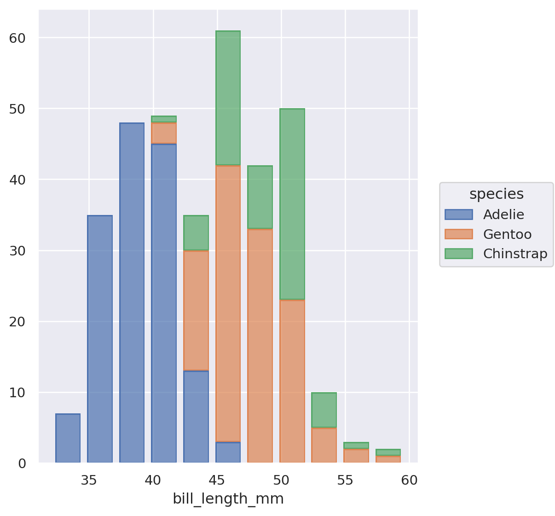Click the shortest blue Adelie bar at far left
tap(68, 438)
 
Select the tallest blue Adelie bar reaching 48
tap(132, 293)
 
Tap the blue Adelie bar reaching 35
tap(100, 339)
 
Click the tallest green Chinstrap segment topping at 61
tap(228, 98)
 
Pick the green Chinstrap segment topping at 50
tap(292, 204)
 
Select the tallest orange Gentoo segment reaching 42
tap(228, 303)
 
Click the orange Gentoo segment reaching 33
tap(260, 345)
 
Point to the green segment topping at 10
tap(324, 410)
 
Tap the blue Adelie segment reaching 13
tap(196, 417)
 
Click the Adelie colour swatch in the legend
tap(458, 215)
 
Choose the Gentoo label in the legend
tap(507, 234)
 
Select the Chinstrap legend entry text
tap(515, 254)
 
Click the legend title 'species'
tap(496, 194)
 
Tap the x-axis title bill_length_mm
tap(228, 499)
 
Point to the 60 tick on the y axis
tap(17, 38)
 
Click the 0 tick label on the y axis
tap(22, 464)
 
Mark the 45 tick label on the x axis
tap(217, 481)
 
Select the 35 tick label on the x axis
tap(89, 481)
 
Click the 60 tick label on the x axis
tap(409, 481)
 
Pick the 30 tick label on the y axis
tap(17, 251)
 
